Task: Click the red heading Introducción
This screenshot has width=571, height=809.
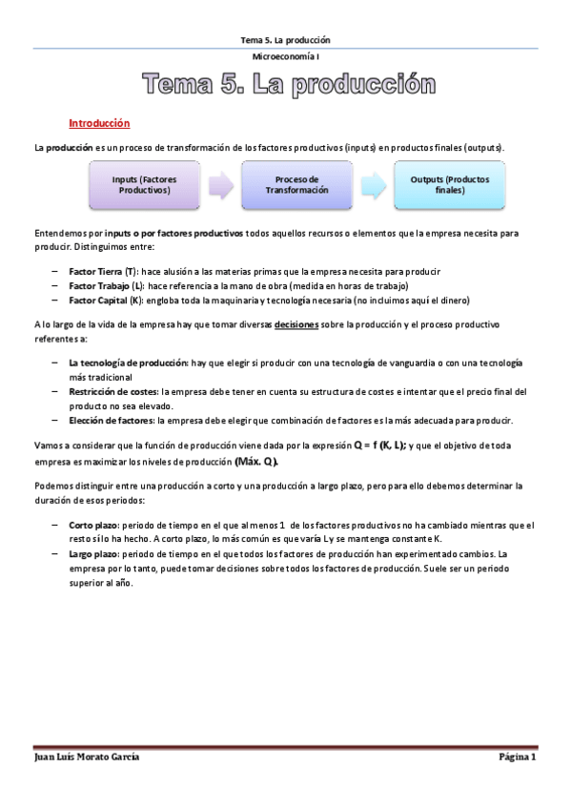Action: (99, 124)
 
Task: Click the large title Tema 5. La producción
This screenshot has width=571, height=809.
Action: (282, 87)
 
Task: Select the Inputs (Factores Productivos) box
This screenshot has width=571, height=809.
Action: (144, 184)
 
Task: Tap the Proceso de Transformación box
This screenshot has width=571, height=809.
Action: (296, 184)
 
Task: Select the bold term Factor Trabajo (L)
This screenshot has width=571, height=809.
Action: (106, 285)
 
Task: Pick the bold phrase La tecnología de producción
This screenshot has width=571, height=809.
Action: (129, 363)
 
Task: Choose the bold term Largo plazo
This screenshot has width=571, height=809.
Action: (92, 553)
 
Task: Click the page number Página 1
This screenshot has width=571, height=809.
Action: (518, 757)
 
